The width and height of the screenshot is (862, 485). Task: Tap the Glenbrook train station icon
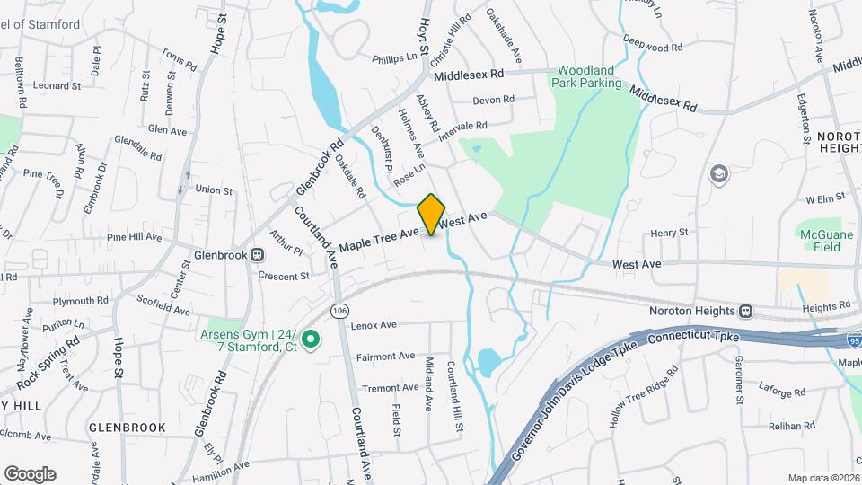click(259, 255)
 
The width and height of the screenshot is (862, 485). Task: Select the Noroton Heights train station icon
click(745, 312)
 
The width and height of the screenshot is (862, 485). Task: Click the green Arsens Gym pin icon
click(311, 339)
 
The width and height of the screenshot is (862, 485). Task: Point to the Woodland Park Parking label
click(588, 76)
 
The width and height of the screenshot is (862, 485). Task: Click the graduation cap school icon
click(718, 173)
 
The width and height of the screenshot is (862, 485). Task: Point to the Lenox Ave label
click(374, 325)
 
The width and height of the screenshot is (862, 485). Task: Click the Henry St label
click(669, 233)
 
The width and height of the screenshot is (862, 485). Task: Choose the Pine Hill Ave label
click(134, 238)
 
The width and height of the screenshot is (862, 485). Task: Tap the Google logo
click(30, 473)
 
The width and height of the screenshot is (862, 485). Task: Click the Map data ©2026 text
click(822, 478)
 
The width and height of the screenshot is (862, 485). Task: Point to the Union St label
click(214, 190)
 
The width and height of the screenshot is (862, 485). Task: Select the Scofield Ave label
click(163, 305)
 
